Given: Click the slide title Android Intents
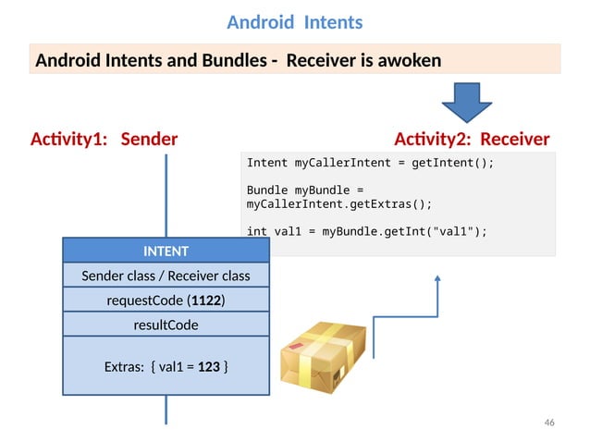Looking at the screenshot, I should click(x=294, y=21).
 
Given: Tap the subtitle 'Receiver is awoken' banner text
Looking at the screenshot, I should click(x=238, y=61).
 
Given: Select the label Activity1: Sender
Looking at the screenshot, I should click(x=104, y=140).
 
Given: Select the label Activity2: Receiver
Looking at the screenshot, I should click(x=472, y=140).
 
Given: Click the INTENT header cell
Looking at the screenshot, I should click(x=166, y=251).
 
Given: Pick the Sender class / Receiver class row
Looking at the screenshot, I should click(x=166, y=276).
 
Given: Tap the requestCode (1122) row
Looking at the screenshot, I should click(x=166, y=301).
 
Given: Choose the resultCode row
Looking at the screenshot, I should click(x=166, y=325).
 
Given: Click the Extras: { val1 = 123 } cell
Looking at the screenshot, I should click(x=166, y=367).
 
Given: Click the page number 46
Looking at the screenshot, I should click(x=549, y=423).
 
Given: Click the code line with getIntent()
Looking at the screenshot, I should click(x=370, y=163).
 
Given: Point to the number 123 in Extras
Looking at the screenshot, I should click(x=208, y=367).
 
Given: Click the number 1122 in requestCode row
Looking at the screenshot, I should click(x=208, y=301).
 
